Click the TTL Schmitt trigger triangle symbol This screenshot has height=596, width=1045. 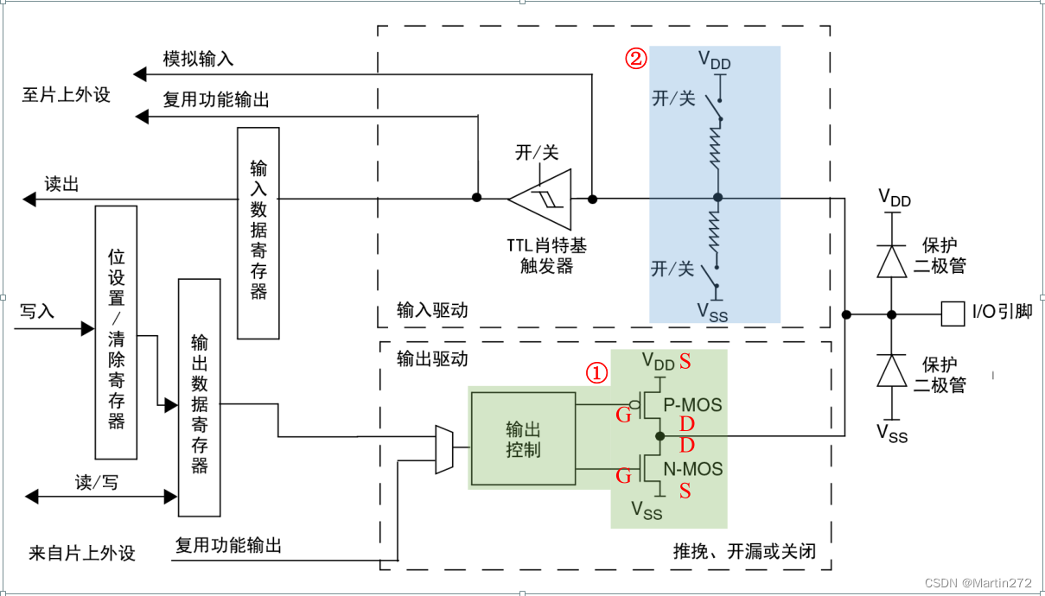tap(541, 200)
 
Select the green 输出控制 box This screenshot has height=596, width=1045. tap(523, 439)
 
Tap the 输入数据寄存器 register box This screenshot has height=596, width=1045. tap(258, 233)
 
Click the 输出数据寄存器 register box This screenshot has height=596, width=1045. tap(199, 397)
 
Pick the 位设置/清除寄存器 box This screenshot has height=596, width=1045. tap(116, 333)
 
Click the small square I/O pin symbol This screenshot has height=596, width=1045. tap(953, 314)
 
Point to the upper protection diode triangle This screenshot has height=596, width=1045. tap(891, 261)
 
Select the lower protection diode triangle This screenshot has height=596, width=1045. tap(891, 371)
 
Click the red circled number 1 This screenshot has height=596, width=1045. tap(597, 372)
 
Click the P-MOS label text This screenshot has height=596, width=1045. tap(692, 404)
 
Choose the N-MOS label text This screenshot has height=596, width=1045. tap(692, 469)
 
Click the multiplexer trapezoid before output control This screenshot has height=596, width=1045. tap(443, 449)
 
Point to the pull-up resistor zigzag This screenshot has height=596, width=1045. tap(717, 148)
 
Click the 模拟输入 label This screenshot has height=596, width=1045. tap(198, 59)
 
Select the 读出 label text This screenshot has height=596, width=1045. tap(62, 183)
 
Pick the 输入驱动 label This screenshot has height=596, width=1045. tap(431, 309)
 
